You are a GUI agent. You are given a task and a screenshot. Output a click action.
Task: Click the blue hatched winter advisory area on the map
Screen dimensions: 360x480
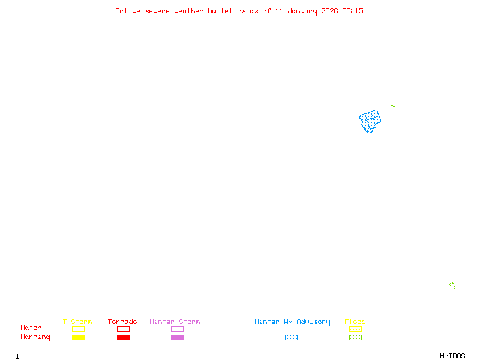click(370, 120)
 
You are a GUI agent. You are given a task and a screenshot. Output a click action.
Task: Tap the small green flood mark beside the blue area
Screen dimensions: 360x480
click(392, 106)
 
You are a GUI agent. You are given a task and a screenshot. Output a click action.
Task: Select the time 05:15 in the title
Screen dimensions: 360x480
click(353, 11)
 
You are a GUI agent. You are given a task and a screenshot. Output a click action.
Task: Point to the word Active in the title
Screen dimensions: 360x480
click(128, 11)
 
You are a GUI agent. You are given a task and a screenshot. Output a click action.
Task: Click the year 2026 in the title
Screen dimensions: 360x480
click(329, 11)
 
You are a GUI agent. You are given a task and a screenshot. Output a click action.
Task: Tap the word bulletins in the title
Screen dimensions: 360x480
click(227, 11)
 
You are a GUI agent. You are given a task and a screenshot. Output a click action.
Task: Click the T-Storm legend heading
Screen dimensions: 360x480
click(77, 322)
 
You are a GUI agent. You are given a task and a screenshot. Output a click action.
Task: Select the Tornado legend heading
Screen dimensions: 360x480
click(122, 322)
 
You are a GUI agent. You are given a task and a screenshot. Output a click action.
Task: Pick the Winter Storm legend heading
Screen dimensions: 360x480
click(175, 322)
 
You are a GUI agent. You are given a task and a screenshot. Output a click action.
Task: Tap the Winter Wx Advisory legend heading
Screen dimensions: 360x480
click(292, 322)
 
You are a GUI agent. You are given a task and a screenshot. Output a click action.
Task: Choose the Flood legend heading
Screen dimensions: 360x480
click(355, 322)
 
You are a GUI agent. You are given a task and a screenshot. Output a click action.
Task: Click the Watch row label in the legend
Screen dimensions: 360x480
click(31, 328)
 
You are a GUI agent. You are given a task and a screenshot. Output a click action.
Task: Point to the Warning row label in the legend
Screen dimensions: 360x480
click(35, 337)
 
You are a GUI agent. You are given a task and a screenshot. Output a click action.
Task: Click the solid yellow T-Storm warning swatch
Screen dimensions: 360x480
click(78, 337)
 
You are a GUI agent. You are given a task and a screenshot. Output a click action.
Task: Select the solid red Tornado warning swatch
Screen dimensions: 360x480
click(123, 337)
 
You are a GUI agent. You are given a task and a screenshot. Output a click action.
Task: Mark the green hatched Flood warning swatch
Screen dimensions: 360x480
click(355, 337)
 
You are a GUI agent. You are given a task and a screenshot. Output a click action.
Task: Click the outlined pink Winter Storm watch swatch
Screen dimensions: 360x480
click(177, 329)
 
